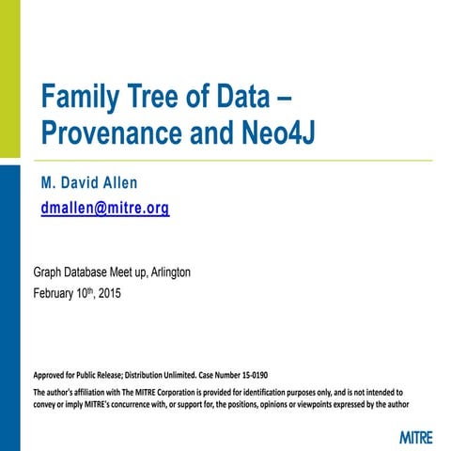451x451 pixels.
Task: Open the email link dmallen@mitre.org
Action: pos(105,209)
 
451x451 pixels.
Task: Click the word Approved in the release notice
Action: pos(54,373)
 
